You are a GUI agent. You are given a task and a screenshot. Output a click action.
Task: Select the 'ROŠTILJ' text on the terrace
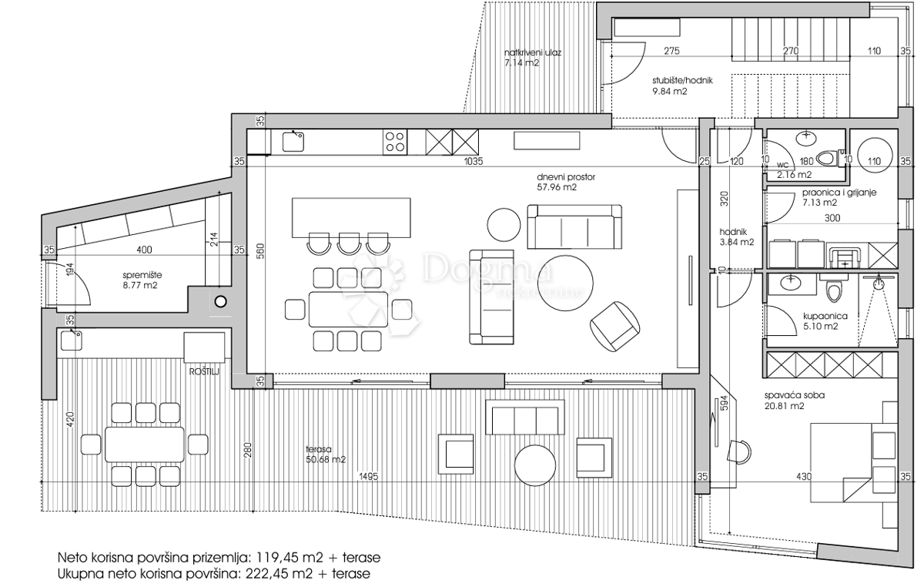(x=205, y=371)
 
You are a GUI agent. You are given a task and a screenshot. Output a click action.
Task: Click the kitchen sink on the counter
(x=293, y=140)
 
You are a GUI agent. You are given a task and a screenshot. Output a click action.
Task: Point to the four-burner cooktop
(x=395, y=141)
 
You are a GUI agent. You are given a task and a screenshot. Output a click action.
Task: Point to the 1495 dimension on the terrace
(x=368, y=477)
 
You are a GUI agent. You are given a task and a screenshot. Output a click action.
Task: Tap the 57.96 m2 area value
(x=557, y=186)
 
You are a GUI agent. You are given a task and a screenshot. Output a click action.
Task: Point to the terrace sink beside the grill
(x=73, y=339)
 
